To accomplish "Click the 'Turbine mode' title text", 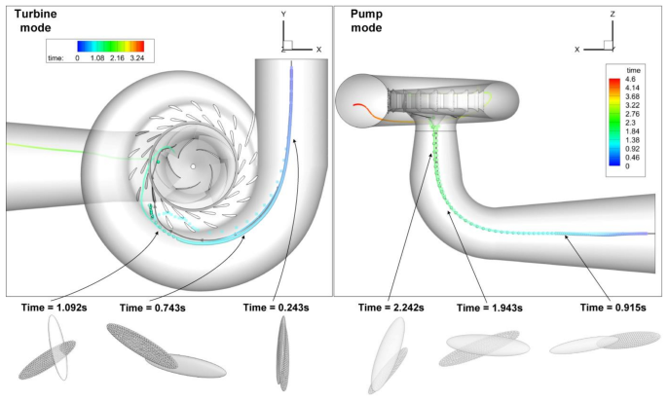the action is click(x=35, y=20).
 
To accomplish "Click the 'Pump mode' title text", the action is click(x=366, y=20).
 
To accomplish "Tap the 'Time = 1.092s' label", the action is click(x=55, y=308).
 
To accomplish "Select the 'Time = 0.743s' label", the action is click(x=153, y=308).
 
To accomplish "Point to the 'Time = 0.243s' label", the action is click(x=276, y=308).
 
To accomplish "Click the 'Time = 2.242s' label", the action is click(x=391, y=308).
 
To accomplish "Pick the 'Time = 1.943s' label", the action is click(x=490, y=308).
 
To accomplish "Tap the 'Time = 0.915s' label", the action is click(x=613, y=308).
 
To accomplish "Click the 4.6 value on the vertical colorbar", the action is click(x=630, y=79).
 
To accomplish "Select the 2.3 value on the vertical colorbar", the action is click(x=630, y=123).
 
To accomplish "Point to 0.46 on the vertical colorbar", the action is click(x=632, y=158).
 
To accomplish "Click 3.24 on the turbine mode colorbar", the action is click(x=137, y=58).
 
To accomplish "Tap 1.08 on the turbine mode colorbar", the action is click(x=97, y=58).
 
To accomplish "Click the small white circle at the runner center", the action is click(x=193, y=166).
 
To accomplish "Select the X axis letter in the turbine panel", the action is click(x=318, y=50).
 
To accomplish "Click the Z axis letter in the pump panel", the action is click(x=613, y=14).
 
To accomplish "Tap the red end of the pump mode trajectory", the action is click(x=353, y=104).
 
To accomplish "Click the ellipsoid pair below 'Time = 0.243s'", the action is click(x=282, y=353).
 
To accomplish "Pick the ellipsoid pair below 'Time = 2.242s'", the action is click(x=388, y=356).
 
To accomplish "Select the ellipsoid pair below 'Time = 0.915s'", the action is click(x=605, y=343).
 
